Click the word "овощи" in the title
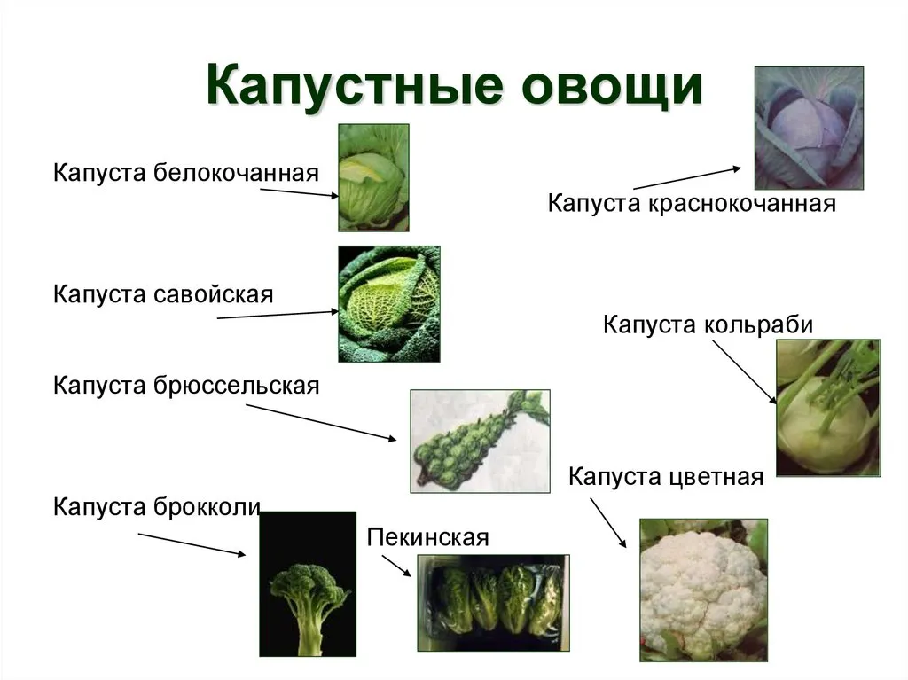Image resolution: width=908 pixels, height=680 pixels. [x=612, y=87]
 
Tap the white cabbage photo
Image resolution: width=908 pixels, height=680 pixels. [x=373, y=178]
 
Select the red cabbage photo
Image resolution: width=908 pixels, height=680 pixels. [x=809, y=128]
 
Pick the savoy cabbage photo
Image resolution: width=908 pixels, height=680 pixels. [x=389, y=304]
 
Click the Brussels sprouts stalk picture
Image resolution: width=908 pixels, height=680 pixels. [x=480, y=442]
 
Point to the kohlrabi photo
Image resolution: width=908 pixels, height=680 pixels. [x=828, y=408]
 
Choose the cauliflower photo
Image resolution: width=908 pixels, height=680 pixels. [x=703, y=590]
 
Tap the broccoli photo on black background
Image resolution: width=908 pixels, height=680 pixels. [x=308, y=584]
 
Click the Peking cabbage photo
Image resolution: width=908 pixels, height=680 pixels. [x=493, y=602]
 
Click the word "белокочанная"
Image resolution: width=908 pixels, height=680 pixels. [x=236, y=173]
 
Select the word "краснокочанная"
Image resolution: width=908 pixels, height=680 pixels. [x=742, y=203]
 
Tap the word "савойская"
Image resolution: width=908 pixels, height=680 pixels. [x=213, y=294]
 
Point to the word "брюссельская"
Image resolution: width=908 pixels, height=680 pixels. [x=236, y=386]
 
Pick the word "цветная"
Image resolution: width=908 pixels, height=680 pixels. [x=716, y=477]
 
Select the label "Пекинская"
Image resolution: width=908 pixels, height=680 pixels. [x=428, y=537]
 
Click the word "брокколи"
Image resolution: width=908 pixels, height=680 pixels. [x=207, y=507]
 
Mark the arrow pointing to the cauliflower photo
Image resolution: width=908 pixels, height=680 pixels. [x=608, y=522]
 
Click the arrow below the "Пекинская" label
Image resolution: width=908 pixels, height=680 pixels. [x=396, y=566]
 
